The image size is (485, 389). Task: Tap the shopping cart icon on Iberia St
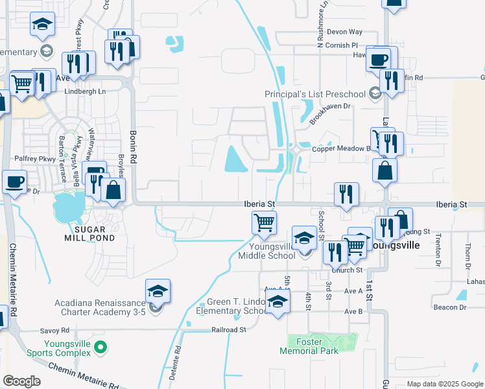[264, 223]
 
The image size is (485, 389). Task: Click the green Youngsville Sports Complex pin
[100, 348]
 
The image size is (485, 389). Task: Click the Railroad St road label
[229, 329]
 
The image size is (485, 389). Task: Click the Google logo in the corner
[21, 381]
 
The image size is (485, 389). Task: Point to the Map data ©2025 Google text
[444, 384]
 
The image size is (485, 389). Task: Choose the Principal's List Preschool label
[316, 95]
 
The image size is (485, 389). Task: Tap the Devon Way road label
[344, 32]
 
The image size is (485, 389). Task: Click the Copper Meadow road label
[341, 149]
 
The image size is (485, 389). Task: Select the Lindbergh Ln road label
[88, 92]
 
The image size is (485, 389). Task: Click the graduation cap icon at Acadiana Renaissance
[157, 292]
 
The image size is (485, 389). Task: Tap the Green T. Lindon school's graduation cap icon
[278, 302]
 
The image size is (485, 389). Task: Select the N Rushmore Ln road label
[321, 29]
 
